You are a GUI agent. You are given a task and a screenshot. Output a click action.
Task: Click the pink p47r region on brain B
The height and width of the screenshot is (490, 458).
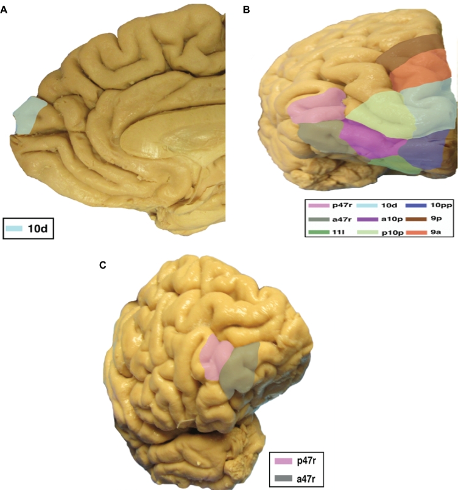click(x=316, y=105)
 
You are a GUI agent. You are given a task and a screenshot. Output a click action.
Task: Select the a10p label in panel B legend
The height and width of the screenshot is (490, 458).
click(x=386, y=218)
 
